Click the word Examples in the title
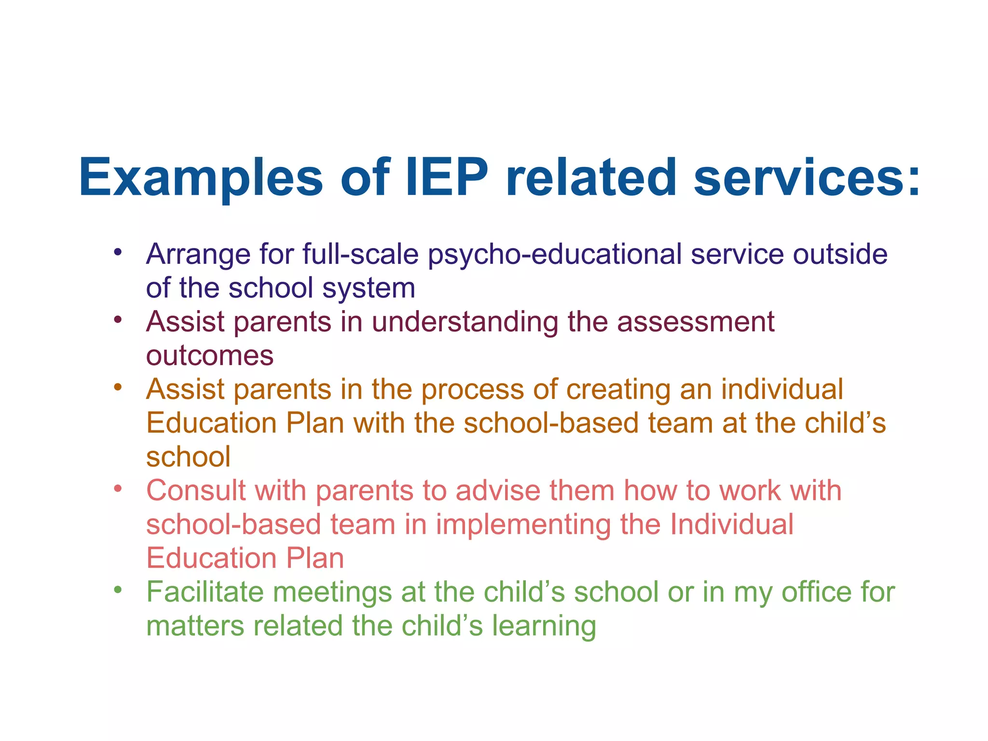201,178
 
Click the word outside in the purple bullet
840,254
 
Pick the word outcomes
210,356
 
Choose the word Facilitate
205,592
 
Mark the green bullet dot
118,590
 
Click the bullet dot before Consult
118,489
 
